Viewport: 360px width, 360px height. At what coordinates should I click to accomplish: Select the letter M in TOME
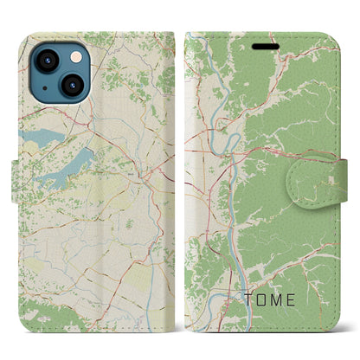[x=281, y=300]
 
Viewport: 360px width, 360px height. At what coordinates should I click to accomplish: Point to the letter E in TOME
[x=299, y=300]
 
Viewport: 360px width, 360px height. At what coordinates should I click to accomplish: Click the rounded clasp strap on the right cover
[x=325, y=180]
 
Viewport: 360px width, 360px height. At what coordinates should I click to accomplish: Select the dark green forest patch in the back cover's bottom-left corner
[x=35, y=312]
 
